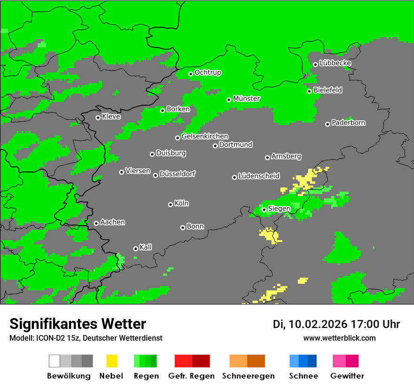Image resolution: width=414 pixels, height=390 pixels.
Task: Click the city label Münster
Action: pyautogui.click(x=247, y=99)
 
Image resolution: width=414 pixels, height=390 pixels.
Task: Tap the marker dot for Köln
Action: pyautogui.click(x=170, y=204)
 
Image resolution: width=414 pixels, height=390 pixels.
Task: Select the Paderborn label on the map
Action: pyautogui.click(x=348, y=123)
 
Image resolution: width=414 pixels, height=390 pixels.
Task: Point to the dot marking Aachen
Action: pyautogui.click(x=96, y=223)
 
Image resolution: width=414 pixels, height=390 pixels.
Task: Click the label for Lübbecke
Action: pyautogui.click(x=335, y=63)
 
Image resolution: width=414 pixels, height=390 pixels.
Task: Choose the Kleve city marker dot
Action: pyautogui.click(x=98, y=117)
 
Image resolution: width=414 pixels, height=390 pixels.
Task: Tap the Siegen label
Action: pyautogui.click(x=279, y=209)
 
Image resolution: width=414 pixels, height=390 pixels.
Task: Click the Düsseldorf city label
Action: pyautogui.click(x=177, y=174)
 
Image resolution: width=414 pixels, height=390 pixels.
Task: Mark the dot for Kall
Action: pyautogui.click(x=135, y=249)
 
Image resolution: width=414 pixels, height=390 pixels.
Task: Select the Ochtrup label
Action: pyautogui.click(x=208, y=73)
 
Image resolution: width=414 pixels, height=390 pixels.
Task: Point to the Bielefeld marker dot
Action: pyautogui.click(x=309, y=91)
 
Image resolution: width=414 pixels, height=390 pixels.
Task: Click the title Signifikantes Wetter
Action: pyautogui.click(x=78, y=324)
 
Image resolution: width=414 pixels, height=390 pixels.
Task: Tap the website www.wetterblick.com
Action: pyautogui.click(x=339, y=338)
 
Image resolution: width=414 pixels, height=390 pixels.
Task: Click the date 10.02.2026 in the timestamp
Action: pyautogui.click(x=318, y=324)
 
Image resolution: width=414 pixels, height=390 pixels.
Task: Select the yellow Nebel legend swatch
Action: pyautogui.click(x=111, y=361)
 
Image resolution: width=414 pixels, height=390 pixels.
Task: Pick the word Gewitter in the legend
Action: pyautogui.click(x=347, y=376)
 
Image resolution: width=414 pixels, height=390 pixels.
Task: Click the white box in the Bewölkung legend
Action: pyautogui.click(x=55, y=361)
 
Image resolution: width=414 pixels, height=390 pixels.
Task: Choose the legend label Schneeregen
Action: pyautogui.click(x=248, y=376)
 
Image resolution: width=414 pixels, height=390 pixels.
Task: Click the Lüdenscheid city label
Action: pyautogui.click(x=259, y=176)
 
